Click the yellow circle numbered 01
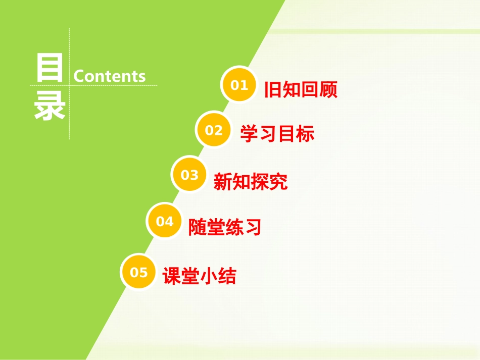click(239, 84)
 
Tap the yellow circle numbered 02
click(214, 130)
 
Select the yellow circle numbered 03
click(189, 175)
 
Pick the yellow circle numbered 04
click(164, 221)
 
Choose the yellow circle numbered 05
click(139, 272)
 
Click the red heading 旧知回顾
click(301, 89)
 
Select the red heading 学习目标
click(277, 134)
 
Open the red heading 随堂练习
click(225, 228)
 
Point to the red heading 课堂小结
click(199, 276)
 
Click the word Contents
click(110, 76)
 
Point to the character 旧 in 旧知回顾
click(273, 89)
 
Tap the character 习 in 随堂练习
click(253, 228)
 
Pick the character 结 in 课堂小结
click(227, 276)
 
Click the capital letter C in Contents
click(79, 76)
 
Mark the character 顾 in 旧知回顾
click(328, 89)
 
